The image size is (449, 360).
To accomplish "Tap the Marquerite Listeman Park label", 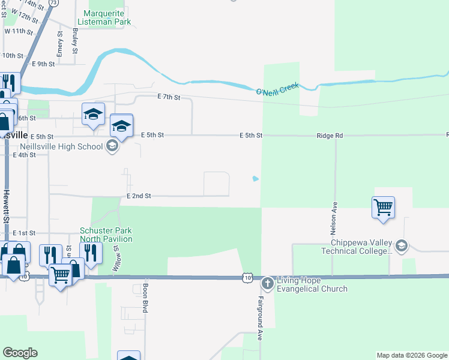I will [x=107, y=17].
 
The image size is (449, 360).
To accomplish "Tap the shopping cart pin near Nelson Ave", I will [x=383, y=208].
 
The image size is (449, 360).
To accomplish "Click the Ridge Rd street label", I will [x=330, y=136].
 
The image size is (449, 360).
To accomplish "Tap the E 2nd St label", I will [x=139, y=196].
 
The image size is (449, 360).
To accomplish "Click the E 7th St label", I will [x=169, y=97].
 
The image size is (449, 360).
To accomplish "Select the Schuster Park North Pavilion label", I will [x=106, y=235].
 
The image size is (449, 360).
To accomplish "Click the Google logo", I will [x=20, y=353].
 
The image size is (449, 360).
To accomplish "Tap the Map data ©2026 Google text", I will [x=411, y=355].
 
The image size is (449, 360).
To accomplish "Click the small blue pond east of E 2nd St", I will [x=256, y=178].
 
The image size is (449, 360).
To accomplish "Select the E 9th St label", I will [x=43, y=64].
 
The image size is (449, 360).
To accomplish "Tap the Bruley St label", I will [x=75, y=41].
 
